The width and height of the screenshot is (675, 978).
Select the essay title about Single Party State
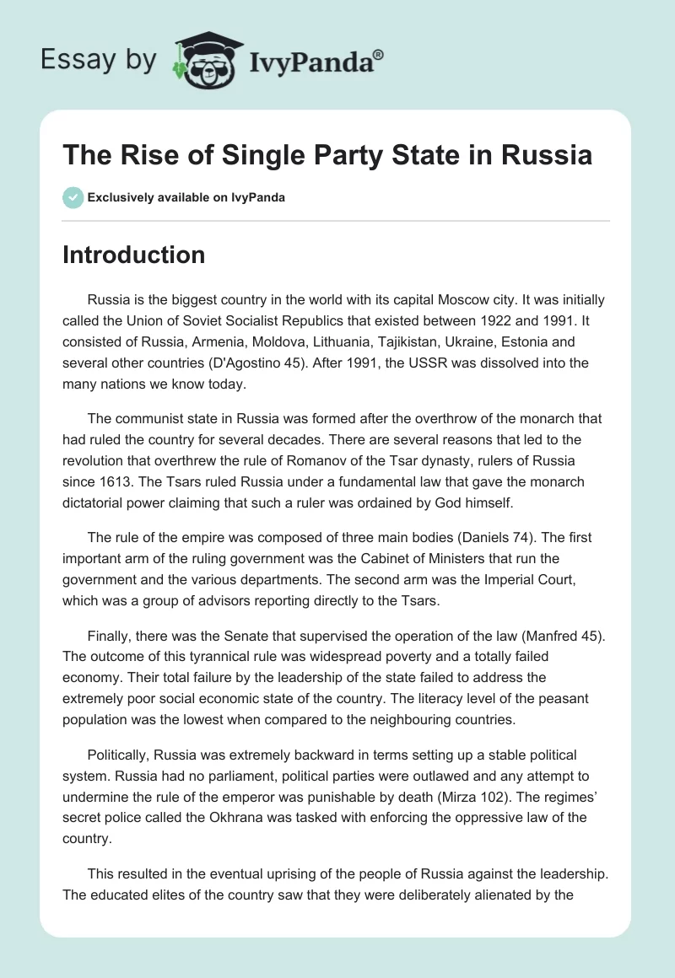click(327, 156)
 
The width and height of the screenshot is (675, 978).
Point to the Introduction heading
click(133, 255)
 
